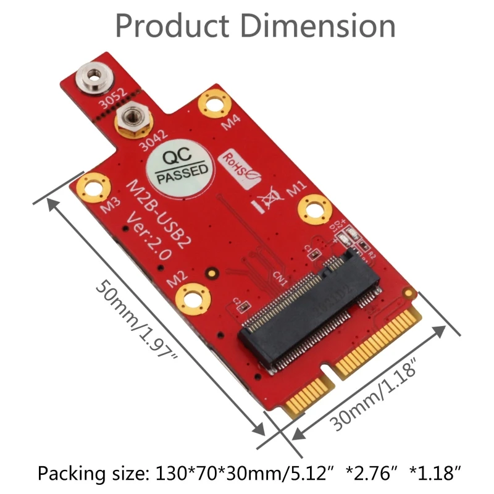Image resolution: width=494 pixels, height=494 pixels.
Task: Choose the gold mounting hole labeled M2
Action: coord(190,297)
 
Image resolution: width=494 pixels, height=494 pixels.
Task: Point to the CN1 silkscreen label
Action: coord(280,280)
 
